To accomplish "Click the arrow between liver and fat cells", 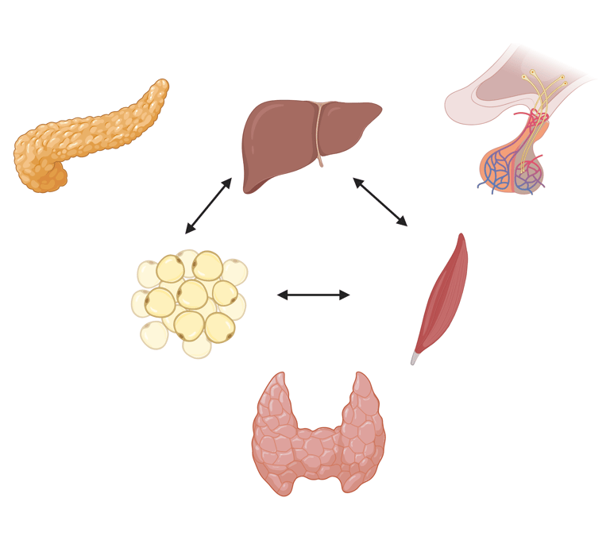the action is tap(208, 206).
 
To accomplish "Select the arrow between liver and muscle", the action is tap(380, 202).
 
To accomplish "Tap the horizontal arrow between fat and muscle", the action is tap(313, 295).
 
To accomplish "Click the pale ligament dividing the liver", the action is tap(319, 135).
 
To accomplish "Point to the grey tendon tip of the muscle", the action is tap(414, 359).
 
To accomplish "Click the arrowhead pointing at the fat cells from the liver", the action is tap(189, 229).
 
